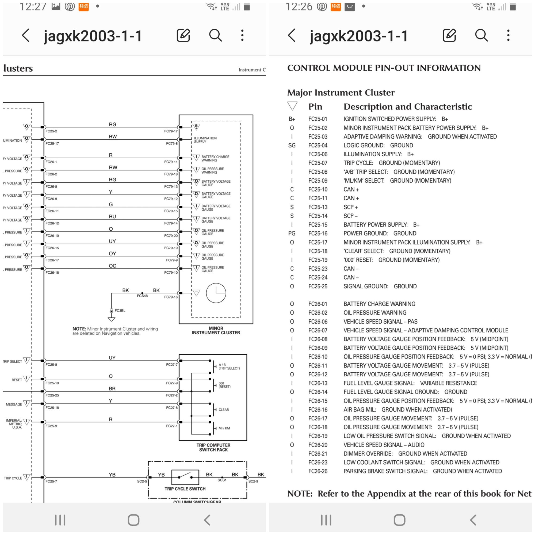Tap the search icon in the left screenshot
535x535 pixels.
215,36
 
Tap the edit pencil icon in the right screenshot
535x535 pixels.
449,36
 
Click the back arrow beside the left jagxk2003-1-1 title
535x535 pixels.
26,36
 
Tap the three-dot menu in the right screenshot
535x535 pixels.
508,36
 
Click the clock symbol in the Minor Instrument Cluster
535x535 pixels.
216,293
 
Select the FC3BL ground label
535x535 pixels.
120,311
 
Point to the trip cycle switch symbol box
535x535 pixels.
185,477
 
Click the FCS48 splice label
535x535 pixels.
142,296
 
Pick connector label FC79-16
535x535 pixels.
171,297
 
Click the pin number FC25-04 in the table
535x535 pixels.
318,145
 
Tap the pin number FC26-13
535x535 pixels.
318,383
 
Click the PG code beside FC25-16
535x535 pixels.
292,234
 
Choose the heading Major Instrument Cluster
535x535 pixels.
341,93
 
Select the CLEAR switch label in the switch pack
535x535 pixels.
224,410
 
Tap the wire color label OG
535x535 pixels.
112,266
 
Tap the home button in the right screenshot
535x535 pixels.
399,520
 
